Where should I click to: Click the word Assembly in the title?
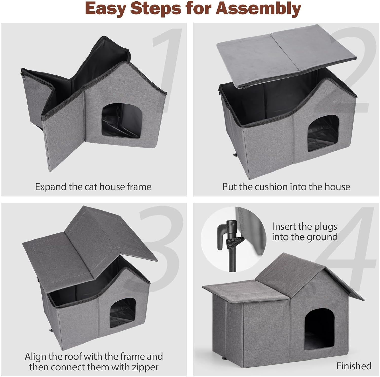click(x=258, y=9)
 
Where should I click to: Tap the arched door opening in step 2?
click(x=323, y=133)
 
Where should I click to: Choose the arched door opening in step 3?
click(x=123, y=312)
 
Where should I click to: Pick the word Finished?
click(x=354, y=366)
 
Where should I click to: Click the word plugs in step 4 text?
click(x=325, y=227)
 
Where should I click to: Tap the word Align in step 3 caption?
click(x=35, y=357)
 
